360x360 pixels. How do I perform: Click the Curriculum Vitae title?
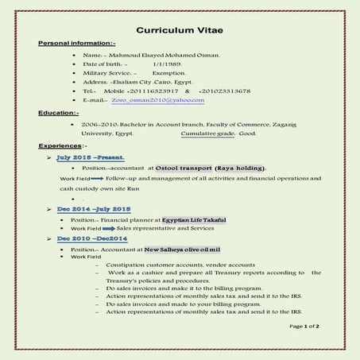[x=180, y=29]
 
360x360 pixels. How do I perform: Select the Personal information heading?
[x=76, y=42]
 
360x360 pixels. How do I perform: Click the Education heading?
[x=58, y=113]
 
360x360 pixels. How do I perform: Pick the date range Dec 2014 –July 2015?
[x=93, y=208]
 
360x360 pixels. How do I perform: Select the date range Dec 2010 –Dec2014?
[x=91, y=238]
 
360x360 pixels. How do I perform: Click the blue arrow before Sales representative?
[x=107, y=228]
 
